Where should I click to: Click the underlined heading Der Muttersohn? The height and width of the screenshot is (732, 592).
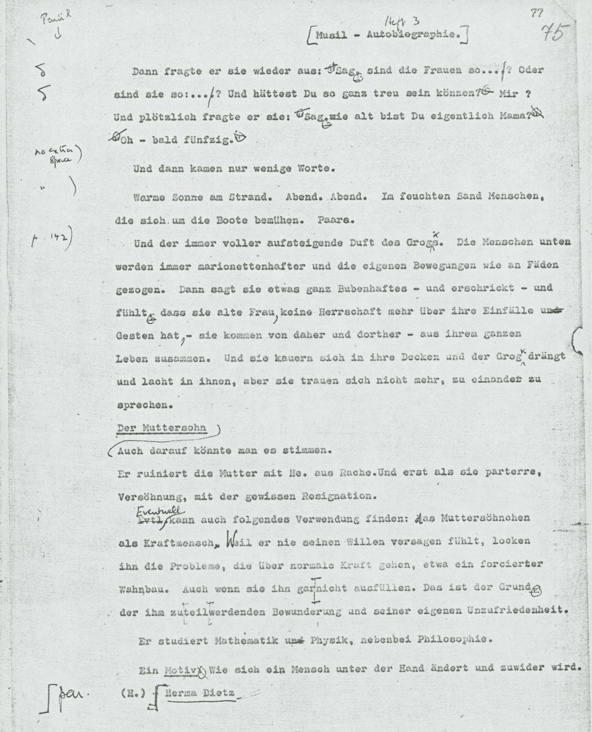pos(161,428)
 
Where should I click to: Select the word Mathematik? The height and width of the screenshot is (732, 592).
pos(248,641)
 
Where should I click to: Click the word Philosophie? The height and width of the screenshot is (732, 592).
pos(452,640)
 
